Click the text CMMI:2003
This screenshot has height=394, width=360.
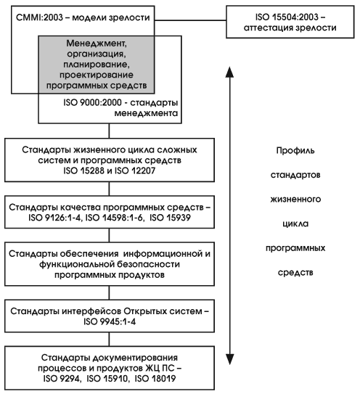tap(39, 17)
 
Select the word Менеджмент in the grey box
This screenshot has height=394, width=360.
tap(97, 44)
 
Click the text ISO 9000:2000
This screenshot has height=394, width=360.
tap(92, 102)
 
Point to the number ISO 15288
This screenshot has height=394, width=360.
tap(83, 171)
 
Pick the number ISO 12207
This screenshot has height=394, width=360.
tap(135, 171)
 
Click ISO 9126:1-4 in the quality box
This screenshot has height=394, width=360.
tap(55, 218)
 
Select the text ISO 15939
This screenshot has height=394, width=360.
tap(170, 218)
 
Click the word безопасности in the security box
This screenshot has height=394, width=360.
tap(149, 264)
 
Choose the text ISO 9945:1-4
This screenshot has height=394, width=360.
tap(110, 321)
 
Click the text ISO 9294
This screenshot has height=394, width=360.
tap(62, 379)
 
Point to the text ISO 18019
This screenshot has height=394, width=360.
tap(155, 379)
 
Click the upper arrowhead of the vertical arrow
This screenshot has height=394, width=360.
tap(229, 72)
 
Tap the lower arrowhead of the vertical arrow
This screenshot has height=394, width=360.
tap(229, 359)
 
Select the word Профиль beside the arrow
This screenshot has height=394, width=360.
tap(295, 150)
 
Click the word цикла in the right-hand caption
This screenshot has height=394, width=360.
tap(295, 223)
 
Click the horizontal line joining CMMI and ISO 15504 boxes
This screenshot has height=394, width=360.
tap(190, 20)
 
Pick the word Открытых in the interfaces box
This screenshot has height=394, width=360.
tap(145, 311)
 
